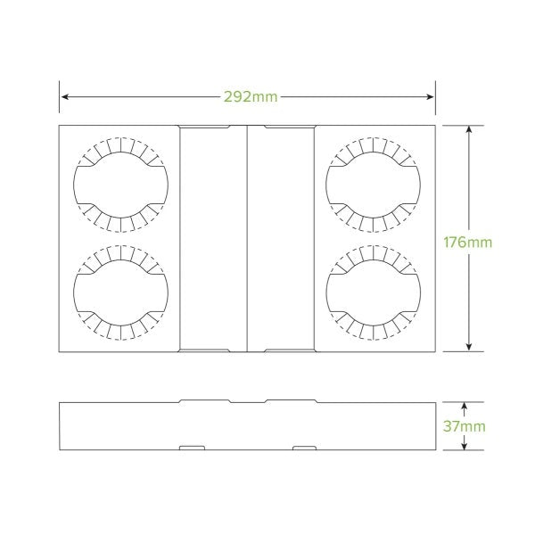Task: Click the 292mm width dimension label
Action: pos(252,96)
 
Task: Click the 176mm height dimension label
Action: pos(466,240)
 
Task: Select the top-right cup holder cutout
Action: pos(374,184)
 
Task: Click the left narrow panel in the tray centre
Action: pos(213,238)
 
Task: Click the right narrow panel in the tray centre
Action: pos(281,238)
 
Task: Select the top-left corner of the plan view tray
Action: pos(60,126)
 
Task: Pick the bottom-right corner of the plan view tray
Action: pos(435,350)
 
